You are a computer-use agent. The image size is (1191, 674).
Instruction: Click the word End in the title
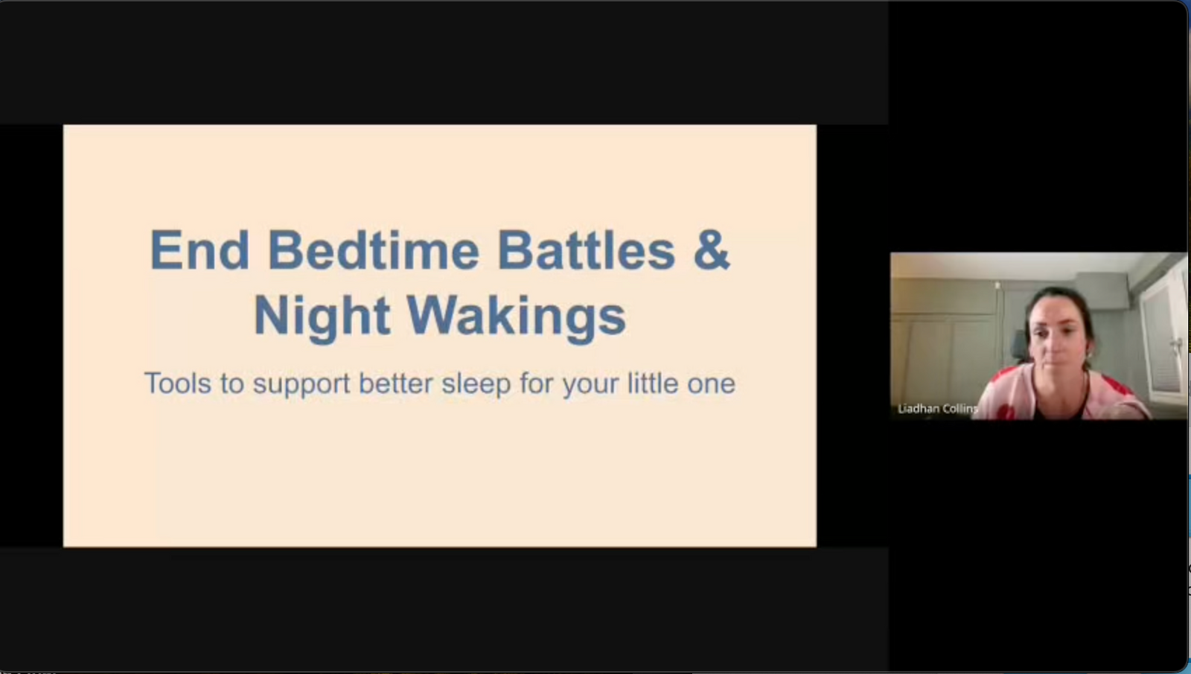pos(199,250)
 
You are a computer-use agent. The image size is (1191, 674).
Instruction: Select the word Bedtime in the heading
pos(373,250)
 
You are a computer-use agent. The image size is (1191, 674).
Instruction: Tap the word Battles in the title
pos(586,250)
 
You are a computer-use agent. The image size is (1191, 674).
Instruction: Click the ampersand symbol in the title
pos(711,250)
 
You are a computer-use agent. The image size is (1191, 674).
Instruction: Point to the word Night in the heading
pos(322,316)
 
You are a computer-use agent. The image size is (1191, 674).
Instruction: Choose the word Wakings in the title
pos(516,316)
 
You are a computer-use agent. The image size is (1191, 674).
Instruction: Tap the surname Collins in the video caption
pos(960,408)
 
